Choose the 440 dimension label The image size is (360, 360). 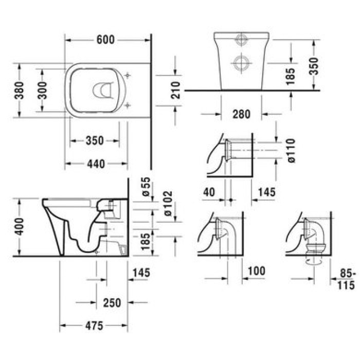click(95, 164)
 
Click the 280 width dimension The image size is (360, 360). click(241, 114)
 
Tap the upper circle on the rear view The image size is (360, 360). click(240, 40)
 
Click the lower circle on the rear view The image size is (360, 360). click(240, 63)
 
